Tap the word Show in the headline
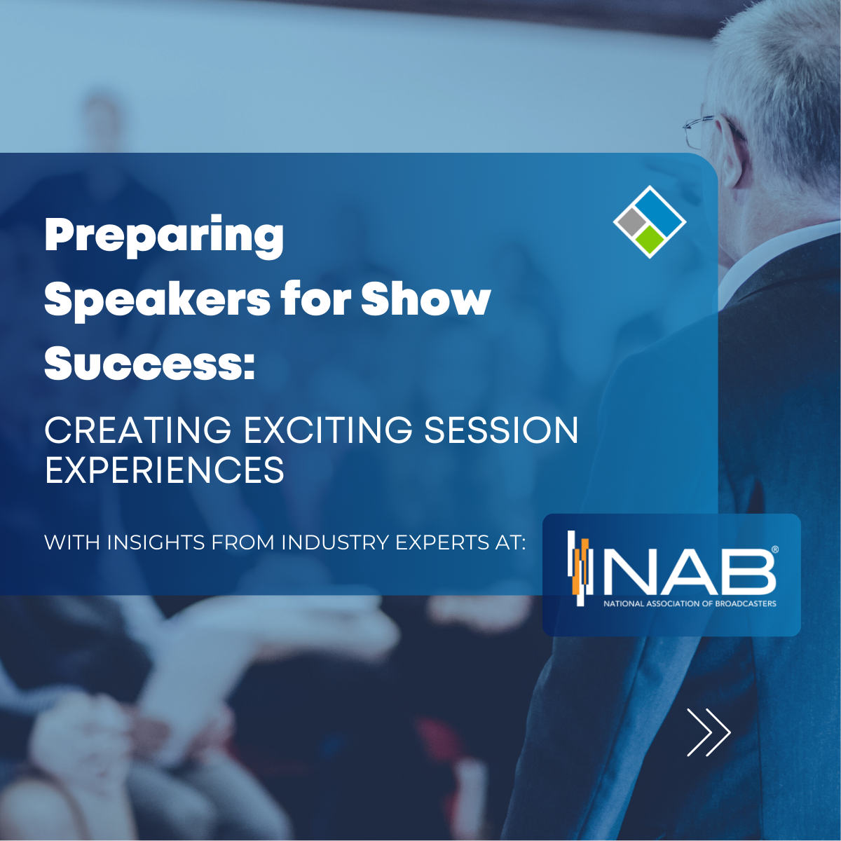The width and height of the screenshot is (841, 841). [x=425, y=299]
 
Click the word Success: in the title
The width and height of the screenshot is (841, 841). [x=149, y=364]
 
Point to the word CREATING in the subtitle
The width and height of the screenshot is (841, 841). [x=137, y=430]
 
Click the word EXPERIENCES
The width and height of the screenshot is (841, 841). [x=165, y=470]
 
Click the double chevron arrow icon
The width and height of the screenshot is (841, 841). [x=708, y=732]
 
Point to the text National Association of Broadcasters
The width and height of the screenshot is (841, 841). [x=690, y=603]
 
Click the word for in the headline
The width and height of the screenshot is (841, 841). [x=315, y=299]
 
